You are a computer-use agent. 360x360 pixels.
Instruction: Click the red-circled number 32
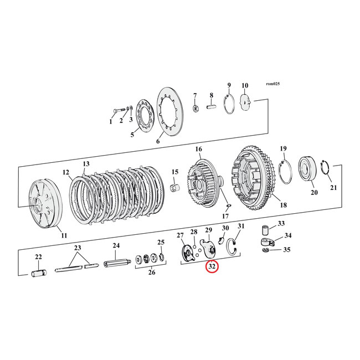tap(212, 266)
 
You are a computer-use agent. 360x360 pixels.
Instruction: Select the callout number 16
tap(198, 150)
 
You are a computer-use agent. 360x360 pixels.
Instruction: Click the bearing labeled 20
tap(306, 168)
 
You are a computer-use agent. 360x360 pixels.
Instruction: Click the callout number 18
tap(284, 205)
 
